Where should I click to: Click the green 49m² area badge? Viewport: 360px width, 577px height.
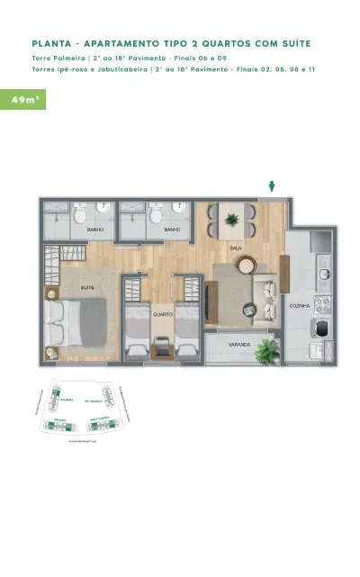(x=22, y=99)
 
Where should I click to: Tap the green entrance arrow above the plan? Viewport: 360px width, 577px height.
(x=272, y=187)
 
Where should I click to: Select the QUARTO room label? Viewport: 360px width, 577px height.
(x=162, y=314)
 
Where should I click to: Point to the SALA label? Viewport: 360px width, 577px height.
(x=235, y=248)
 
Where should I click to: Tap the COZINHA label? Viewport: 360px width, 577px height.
(x=300, y=307)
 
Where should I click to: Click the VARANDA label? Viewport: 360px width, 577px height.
(x=238, y=344)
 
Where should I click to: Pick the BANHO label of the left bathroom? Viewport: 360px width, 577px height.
(x=94, y=230)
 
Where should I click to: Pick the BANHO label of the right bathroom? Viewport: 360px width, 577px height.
(x=172, y=230)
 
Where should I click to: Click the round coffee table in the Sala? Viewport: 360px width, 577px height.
(x=245, y=264)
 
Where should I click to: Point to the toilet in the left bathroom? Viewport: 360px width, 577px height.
(x=80, y=216)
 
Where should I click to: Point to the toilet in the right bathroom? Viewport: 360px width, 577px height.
(x=157, y=216)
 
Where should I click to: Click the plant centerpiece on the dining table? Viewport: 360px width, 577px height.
(x=233, y=218)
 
